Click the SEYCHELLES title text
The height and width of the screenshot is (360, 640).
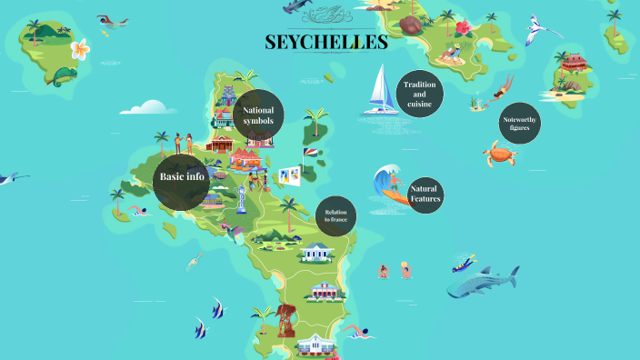(x=325, y=43)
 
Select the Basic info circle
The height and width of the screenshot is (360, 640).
(x=182, y=176)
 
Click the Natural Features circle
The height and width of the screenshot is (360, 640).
(x=424, y=194)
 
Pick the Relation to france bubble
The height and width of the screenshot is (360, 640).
(x=335, y=216)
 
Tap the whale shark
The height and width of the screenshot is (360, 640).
(x=482, y=283)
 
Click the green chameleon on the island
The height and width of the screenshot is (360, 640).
(x=64, y=75)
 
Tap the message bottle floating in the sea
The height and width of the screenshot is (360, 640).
(x=194, y=261)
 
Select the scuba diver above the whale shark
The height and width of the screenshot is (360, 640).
(x=465, y=263)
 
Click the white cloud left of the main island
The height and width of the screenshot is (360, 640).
(x=145, y=106)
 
